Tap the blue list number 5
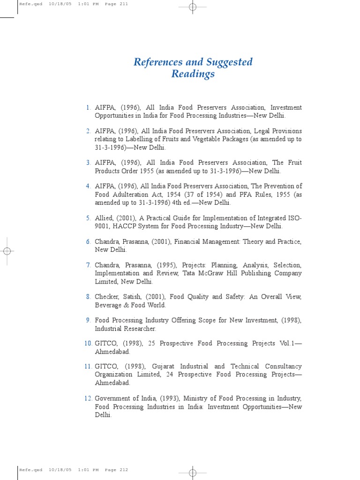pos(88,218)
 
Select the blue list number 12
pos(88,398)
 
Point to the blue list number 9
pos(88,320)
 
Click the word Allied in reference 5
pos(105,218)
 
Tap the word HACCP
pos(123,226)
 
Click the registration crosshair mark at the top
pos(192,7)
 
